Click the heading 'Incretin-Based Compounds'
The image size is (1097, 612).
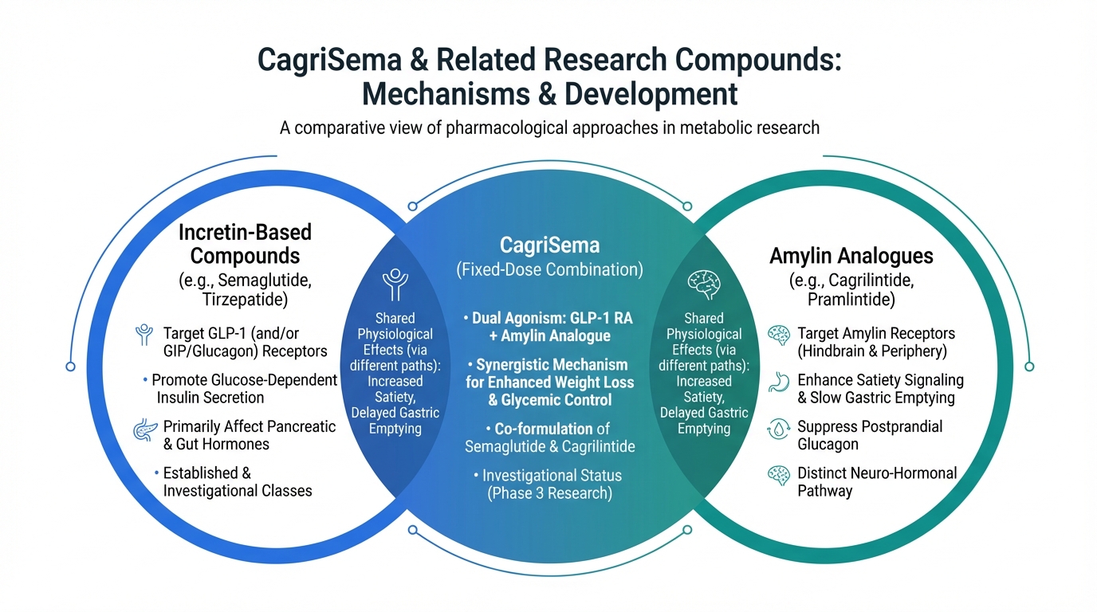(245, 244)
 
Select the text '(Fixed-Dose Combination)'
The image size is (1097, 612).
(549, 269)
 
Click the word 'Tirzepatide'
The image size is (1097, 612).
(244, 298)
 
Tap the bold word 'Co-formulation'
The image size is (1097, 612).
(544, 428)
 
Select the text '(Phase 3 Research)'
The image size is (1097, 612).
(550, 493)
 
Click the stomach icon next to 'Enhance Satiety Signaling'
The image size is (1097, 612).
(778, 381)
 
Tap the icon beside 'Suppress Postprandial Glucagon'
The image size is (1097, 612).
(778, 429)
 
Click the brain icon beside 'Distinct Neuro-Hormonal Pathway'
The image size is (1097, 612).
(778, 475)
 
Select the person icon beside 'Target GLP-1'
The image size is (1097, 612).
(144, 335)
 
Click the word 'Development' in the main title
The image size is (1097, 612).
(651, 93)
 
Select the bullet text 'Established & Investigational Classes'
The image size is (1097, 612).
(238, 481)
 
